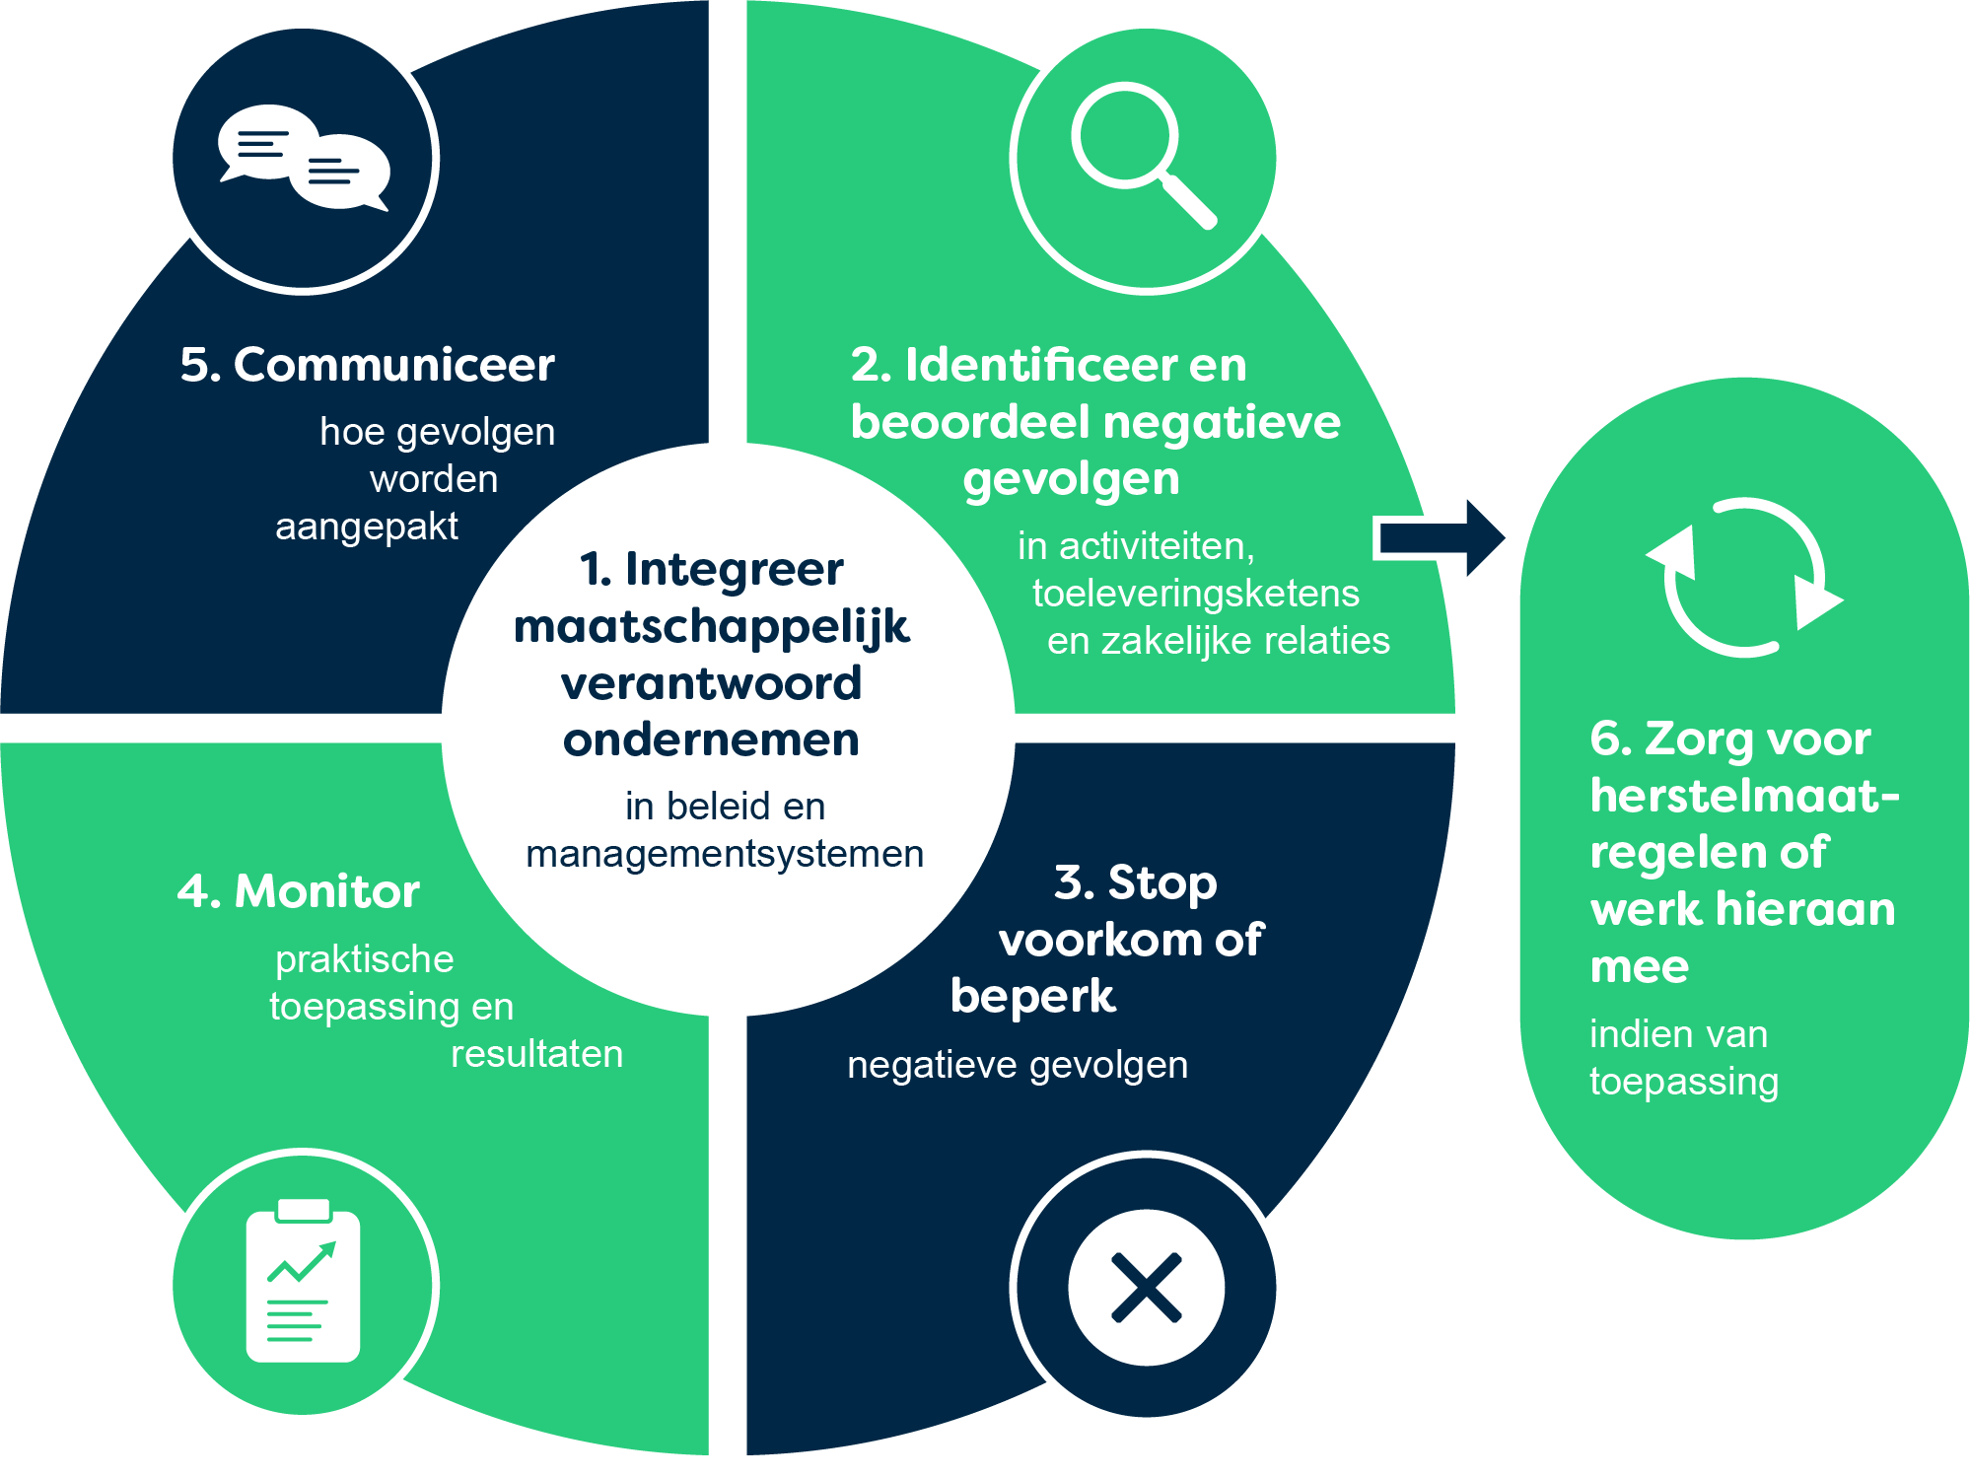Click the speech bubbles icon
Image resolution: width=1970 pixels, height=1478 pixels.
pyautogui.click(x=304, y=158)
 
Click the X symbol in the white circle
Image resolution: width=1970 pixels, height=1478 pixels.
pyautogui.click(x=1146, y=1288)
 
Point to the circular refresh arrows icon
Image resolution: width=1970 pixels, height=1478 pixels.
pyautogui.click(x=1744, y=578)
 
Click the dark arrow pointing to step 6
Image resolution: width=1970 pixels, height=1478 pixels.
pyautogui.click(x=1440, y=538)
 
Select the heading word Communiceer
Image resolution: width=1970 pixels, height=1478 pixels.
pyautogui.click(x=393, y=365)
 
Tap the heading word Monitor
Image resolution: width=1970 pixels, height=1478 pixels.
pyautogui.click(x=326, y=891)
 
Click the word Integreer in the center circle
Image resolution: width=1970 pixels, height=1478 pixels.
pyautogui.click(x=734, y=569)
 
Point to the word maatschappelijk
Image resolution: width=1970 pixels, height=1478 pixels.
pyautogui.click(x=711, y=627)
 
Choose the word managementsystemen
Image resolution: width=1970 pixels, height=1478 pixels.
pyautogui.click(x=725, y=854)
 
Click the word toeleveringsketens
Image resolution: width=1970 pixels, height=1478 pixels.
pyautogui.click(x=1195, y=594)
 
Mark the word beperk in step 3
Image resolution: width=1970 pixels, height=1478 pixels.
pyautogui.click(x=1032, y=997)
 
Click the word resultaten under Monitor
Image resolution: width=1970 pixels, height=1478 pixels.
pyautogui.click(x=536, y=1054)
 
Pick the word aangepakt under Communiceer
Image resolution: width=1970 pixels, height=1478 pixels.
pyautogui.click(x=366, y=527)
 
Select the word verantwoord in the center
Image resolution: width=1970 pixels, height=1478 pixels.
pyautogui.click(x=711, y=683)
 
